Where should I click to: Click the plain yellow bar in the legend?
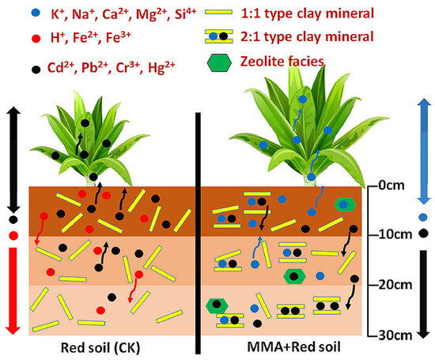(x=223, y=13)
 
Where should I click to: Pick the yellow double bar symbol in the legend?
(x=223, y=36)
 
